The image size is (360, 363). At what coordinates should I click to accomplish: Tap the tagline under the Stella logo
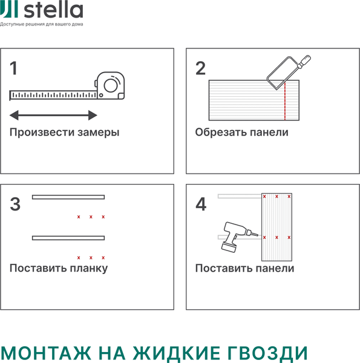pyautogui.click(x=42, y=24)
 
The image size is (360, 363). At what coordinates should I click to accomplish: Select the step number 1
pyautogui.click(x=14, y=68)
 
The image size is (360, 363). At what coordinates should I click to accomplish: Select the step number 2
pyautogui.click(x=200, y=68)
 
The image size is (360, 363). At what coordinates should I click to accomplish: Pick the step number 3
pyautogui.click(x=16, y=204)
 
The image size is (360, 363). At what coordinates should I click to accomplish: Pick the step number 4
pyautogui.click(x=201, y=204)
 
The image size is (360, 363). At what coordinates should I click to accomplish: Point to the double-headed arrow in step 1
pyautogui.click(x=54, y=115)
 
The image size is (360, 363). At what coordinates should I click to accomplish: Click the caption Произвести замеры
pyautogui.click(x=64, y=132)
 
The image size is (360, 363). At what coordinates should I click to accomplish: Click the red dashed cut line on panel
pyautogui.click(x=283, y=100)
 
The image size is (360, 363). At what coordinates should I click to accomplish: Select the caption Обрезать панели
pyautogui.click(x=241, y=132)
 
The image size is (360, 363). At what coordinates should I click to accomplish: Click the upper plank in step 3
pyautogui.click(x=68, y=197)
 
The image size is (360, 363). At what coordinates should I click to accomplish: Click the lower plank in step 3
pyautogui.click(x=68, y=238)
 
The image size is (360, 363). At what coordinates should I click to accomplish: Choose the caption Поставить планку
pyautogui.click(x=59, y=268)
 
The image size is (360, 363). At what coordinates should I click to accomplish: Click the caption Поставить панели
pyautogui.click(x=244, y=268)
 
